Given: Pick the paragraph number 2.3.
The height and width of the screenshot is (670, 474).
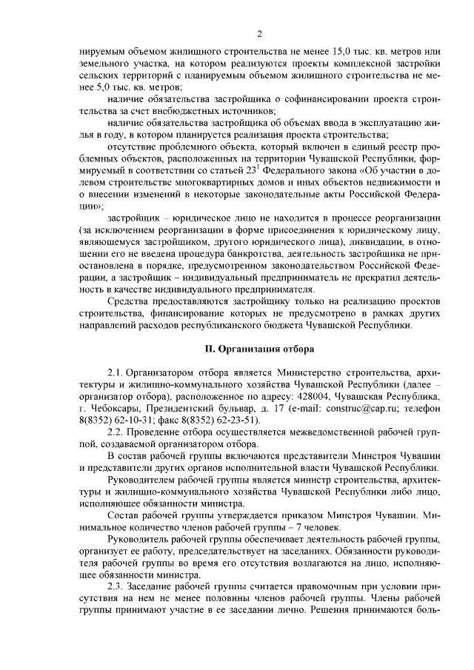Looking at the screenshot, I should [117, 586].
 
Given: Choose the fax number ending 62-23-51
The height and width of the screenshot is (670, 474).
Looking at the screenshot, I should [216, 419].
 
